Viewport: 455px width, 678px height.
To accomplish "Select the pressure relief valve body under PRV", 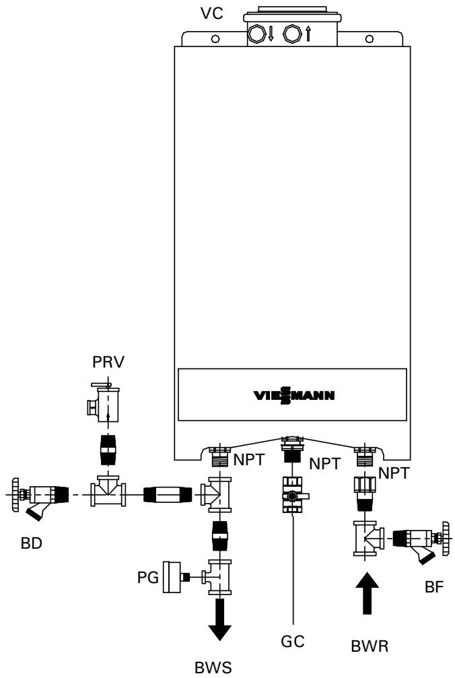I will (106, 402).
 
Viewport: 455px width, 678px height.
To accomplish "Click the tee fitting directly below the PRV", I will (106, 495).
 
